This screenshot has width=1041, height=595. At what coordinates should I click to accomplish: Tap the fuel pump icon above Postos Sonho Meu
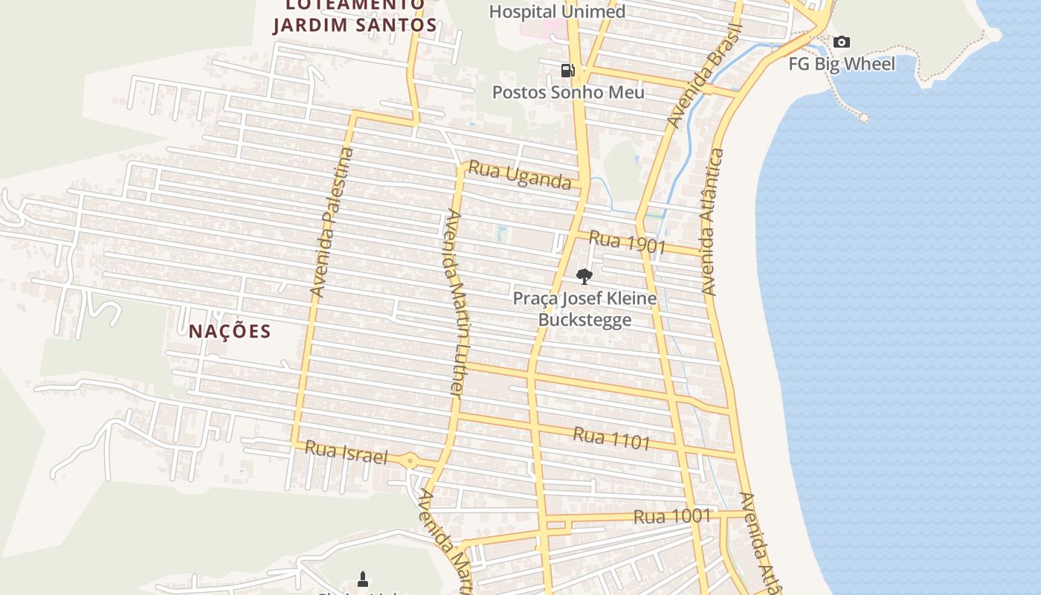point(567,71)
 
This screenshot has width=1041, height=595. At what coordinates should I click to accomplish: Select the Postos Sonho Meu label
point(568,93)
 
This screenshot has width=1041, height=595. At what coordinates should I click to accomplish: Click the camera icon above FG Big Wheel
point(841,42)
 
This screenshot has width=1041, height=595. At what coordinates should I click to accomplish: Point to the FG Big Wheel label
point(842,64)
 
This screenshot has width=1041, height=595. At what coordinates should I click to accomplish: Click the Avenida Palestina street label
point(332,223)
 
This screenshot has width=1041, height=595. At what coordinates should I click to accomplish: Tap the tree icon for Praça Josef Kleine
point(584,277)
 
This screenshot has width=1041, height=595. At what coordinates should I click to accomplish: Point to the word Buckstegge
point(584,320)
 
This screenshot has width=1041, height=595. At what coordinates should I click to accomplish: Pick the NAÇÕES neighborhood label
point(229,331)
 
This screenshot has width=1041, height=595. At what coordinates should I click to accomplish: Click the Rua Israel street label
point(347,452)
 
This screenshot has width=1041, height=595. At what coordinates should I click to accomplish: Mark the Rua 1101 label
point(611,439)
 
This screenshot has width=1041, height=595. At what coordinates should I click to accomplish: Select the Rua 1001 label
point(672,516)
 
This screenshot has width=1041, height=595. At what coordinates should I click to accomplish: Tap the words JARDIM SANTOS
point(355,25)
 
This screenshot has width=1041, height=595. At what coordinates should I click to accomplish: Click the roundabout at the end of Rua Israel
point(410,461)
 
